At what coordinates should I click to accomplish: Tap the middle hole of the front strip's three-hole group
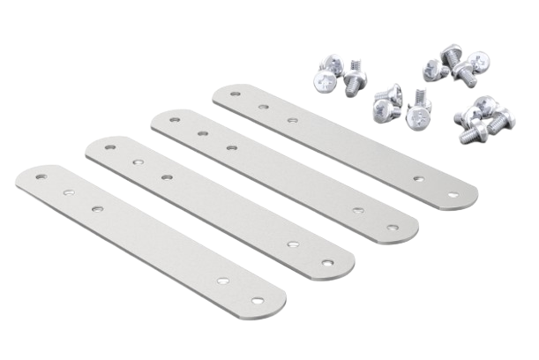[66, 190]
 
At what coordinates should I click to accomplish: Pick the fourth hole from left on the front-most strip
[224, 279]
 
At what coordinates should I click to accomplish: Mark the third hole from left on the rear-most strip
[292, 116]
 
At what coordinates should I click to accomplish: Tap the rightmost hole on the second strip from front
[326, 261]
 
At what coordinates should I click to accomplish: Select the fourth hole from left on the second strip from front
[291, 244]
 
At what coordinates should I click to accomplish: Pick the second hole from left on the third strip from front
[203, 133]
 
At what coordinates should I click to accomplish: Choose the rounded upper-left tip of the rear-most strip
[220, 90]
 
